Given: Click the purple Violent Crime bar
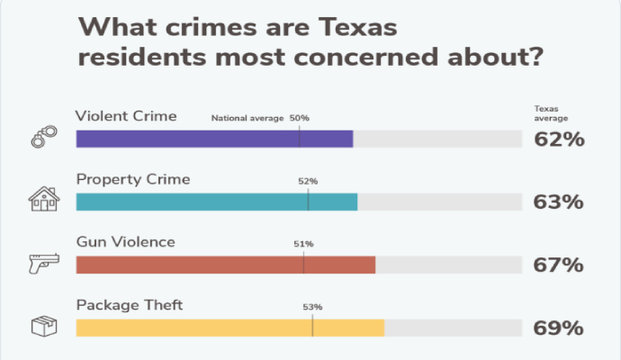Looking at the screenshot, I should pos(214,139).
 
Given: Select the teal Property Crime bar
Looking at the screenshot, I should pos(216,202).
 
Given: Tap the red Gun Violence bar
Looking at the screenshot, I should pos(225,265).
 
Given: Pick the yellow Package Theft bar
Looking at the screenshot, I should pos(229,328).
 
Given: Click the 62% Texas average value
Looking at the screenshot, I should pos(559,139).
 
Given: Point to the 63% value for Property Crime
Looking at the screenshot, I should pos(559,202).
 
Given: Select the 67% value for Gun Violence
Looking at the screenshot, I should pos(559,265).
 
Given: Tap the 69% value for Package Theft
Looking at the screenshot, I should pos(559,328).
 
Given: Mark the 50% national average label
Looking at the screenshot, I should pos(299,118).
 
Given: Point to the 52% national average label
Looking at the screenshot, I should pos(308,181).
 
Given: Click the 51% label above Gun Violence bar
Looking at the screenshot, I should pos(303,244).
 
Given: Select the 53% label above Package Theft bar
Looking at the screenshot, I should pos(312,307).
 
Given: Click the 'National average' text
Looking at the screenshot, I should pos(247,118).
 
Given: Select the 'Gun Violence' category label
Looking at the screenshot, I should pos(125,242).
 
